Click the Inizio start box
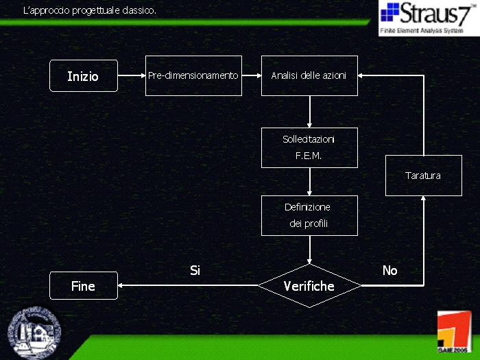[x=83, y=75]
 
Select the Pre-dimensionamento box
[x=193, y=75]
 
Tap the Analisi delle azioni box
[x=309, y=75]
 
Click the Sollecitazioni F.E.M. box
[x=309, y=147]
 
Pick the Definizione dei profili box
[x=309, y=215]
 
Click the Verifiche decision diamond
[x=309, y=285]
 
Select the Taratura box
[x=423, y=176]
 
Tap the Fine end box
[x=83, y=285]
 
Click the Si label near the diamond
[x=195, y=271]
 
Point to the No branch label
[x=389, y=271]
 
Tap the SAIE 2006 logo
[x=453, y=333]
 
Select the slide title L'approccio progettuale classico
[x=90, y=11]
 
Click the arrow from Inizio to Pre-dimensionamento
[x=132, y=75]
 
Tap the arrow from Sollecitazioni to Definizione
[x=309, y=182]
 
